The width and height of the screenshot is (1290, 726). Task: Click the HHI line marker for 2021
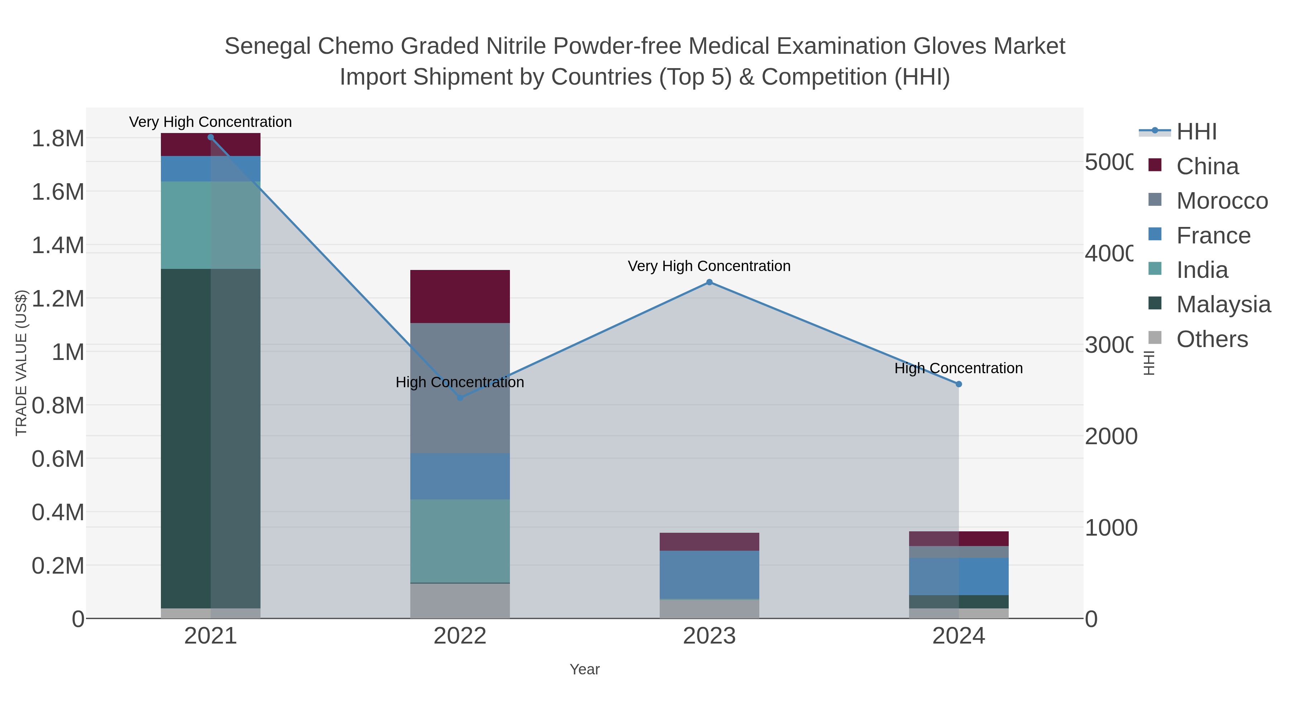(x=210, y=137)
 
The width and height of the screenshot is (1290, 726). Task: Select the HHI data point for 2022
(x=460, y=398)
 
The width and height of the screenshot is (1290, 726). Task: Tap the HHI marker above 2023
(x=709, y=283)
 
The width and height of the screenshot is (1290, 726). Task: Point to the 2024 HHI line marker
(x=959, y=384)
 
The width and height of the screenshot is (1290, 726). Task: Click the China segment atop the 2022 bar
(x=460, y=296)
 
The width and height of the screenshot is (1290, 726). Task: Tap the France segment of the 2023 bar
(x=709, y=575)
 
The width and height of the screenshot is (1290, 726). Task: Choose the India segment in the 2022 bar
(x=460, y=541)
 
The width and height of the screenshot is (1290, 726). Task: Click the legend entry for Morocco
(x=1222, y=201)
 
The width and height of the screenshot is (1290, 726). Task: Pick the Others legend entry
(x=1212, y=339)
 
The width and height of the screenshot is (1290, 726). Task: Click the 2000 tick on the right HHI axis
(x=1110, y=436)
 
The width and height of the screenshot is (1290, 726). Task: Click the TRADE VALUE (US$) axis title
(x=21, y=363)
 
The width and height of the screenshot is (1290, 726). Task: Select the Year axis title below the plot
(x=584, y=669)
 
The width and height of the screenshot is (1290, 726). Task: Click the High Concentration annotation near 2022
(x=460, y=382)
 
